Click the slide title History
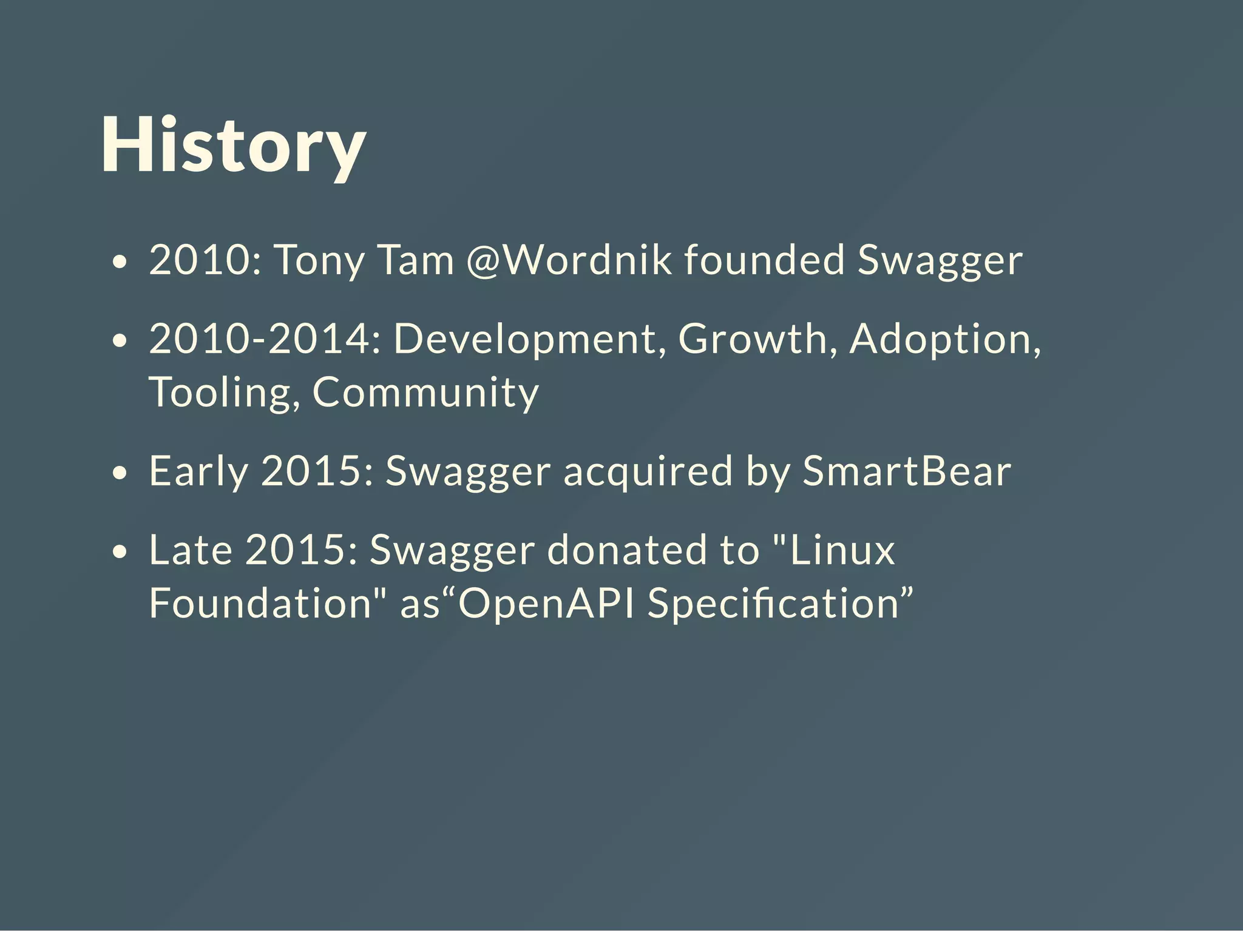point(233,146)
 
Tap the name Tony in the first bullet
point(319,261)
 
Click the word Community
point(425,393)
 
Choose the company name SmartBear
point(907,471)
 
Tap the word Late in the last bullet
point(191,550)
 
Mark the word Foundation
point(260,604)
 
